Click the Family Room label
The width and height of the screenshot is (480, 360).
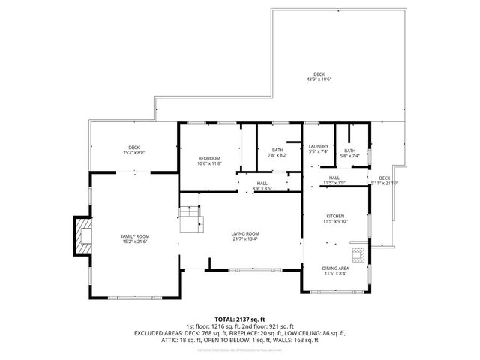135,236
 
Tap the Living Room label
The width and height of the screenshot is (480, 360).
245,234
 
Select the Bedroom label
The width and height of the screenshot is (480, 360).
209,158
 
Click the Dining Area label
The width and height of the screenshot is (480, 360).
335,268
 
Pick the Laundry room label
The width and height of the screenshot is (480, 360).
319,146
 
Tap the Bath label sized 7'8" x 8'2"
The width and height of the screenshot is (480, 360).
277,150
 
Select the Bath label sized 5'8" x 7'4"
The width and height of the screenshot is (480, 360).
350,151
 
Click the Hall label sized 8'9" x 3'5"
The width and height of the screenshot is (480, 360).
262,183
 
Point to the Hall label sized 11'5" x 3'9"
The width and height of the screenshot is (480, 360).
334,178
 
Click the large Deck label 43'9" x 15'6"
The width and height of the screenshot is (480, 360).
319,74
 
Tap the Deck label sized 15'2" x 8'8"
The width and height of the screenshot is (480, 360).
134,147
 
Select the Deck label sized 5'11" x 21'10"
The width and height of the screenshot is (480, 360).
385,178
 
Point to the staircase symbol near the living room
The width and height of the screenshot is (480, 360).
190,219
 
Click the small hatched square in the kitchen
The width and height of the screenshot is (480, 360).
361,253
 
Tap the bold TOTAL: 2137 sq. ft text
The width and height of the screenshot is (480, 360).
239,319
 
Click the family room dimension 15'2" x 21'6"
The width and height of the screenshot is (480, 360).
135,241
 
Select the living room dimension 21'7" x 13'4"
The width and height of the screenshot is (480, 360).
245,239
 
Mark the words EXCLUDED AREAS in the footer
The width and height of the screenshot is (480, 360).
160,332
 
